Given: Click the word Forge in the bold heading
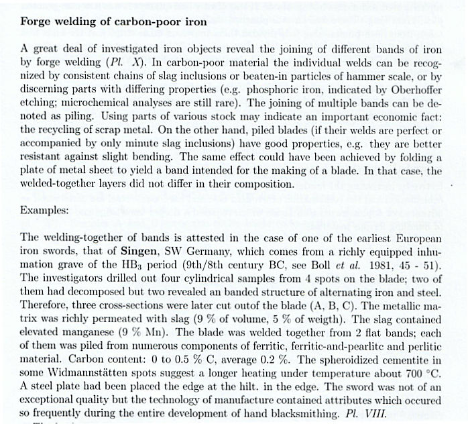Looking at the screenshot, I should (38, 22).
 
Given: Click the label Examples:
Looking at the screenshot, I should (44, 209).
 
